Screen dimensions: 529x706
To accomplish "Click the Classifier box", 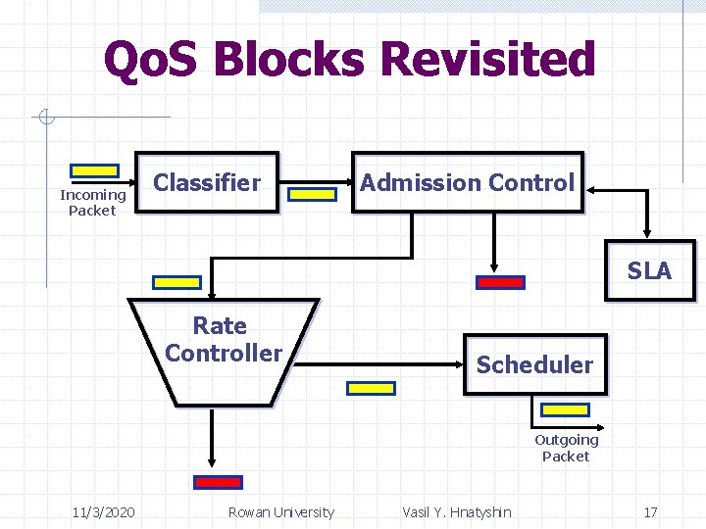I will click(x=207, y=183).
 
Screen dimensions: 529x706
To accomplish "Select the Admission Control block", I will click(x=468, y=183).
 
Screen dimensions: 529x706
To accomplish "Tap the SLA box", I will click(x=649, y=270).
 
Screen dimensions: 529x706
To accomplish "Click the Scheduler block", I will click(x=534, y=364).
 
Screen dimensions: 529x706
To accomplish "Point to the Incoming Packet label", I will click(x=92, y=203).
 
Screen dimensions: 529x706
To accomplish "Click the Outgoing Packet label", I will click(x=566, y=448).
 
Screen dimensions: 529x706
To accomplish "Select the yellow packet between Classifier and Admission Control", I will click(x=313, y=194).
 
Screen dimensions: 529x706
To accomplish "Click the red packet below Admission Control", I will click(x=500, y=282).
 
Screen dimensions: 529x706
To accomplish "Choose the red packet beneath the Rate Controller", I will click(x=218, y=482).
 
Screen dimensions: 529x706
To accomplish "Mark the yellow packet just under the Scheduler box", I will click(x=566, y=409).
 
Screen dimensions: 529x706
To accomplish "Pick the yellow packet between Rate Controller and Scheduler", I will click(x=372, y=388).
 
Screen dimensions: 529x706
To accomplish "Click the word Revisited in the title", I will click(x=487, y=60).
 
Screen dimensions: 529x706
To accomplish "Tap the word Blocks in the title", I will click(x=289, y=60).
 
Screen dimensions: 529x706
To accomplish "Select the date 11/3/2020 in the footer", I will click(x=104, y=512).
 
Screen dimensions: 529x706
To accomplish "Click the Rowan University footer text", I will click(x=280, y=512).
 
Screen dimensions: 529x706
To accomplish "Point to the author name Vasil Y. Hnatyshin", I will click(x=456, y=512).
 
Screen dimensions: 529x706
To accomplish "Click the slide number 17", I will click(x=650, y=512).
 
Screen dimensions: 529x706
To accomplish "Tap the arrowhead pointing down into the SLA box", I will click(x=646, y=231).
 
